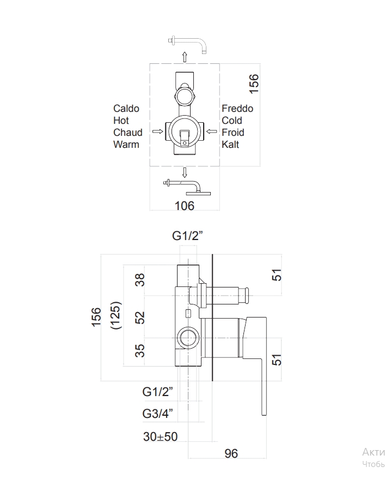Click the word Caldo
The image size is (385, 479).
(x=126, y=109)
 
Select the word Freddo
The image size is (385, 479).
(x=237, y=109)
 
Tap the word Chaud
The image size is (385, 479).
(x=127, y=133)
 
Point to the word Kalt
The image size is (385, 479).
(x=230, y=145)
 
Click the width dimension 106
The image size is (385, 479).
(x=184, y=206)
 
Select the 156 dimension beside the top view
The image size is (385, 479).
(x=254, y=83)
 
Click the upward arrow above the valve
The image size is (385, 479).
(x=185, y=56)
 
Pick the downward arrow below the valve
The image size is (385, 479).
(x=185, y=172)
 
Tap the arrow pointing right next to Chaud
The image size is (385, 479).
(x=158, y=131)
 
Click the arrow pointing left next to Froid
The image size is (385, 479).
(x=212, y=131)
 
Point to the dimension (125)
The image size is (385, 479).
(x=115, y=316)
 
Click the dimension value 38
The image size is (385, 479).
(x=140, y=280)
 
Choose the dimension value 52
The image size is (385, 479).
(x=140, y=317)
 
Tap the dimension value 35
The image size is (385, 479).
(x=140, y=350)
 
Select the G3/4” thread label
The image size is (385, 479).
(x=158, y=414)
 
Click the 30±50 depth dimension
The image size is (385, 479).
(x=161, y=436)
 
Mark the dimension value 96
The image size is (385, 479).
(x=231, y=453)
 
